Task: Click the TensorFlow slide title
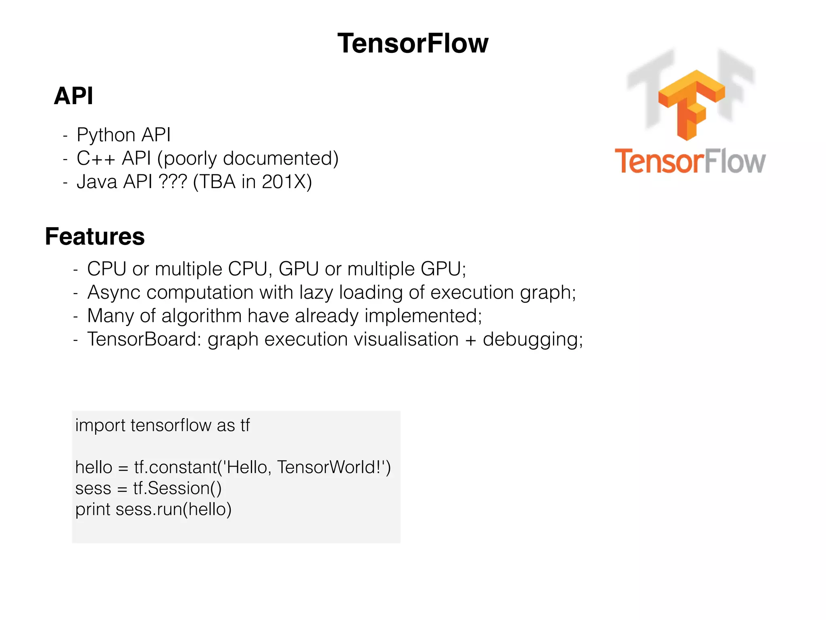tap(413, 43)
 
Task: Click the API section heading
tap(73, 96)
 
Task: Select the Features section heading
tap(95, 237)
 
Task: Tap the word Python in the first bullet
tap(106, 135)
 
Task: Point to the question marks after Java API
tap(173, 182)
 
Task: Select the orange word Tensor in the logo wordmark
tap(659, 161)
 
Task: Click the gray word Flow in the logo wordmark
tap(735, 161)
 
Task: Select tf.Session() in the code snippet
tap(177, 488)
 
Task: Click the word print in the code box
tap(93, 509)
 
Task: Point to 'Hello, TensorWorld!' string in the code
tap(303, 467)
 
